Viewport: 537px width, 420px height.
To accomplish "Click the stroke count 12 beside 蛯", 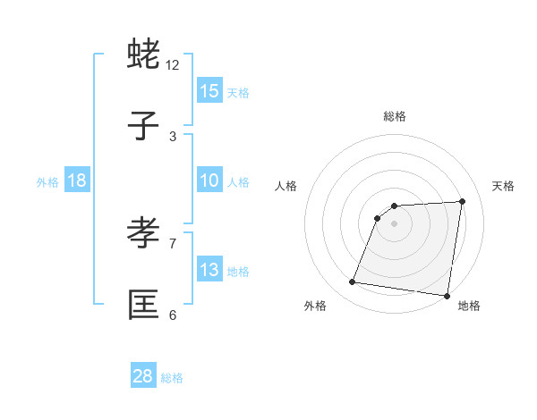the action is [173, 65].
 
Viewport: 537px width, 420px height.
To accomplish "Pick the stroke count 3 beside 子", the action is [173, 137].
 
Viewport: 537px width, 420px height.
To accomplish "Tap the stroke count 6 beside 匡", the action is [173, 315].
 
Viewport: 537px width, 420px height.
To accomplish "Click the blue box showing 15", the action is [209, 91].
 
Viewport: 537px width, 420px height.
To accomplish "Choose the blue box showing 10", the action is [209, 181].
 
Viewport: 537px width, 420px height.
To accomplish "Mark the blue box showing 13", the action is [209, 270].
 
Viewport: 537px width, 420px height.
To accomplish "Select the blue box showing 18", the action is [77, 181].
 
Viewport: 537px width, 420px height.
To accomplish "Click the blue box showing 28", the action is [143, 376].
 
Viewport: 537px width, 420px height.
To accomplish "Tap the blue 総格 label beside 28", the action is [172, 378].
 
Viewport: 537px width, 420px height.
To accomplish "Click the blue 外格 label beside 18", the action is [47, 182].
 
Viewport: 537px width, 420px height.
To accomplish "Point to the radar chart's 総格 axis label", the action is [395, 116].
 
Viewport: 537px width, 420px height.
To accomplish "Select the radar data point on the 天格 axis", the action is [462, 201].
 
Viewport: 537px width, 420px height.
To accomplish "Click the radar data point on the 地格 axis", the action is [447, 296].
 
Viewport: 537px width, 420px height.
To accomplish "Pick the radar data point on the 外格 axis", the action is [353, 282].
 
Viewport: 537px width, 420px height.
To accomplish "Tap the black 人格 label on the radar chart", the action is [286, 186].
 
